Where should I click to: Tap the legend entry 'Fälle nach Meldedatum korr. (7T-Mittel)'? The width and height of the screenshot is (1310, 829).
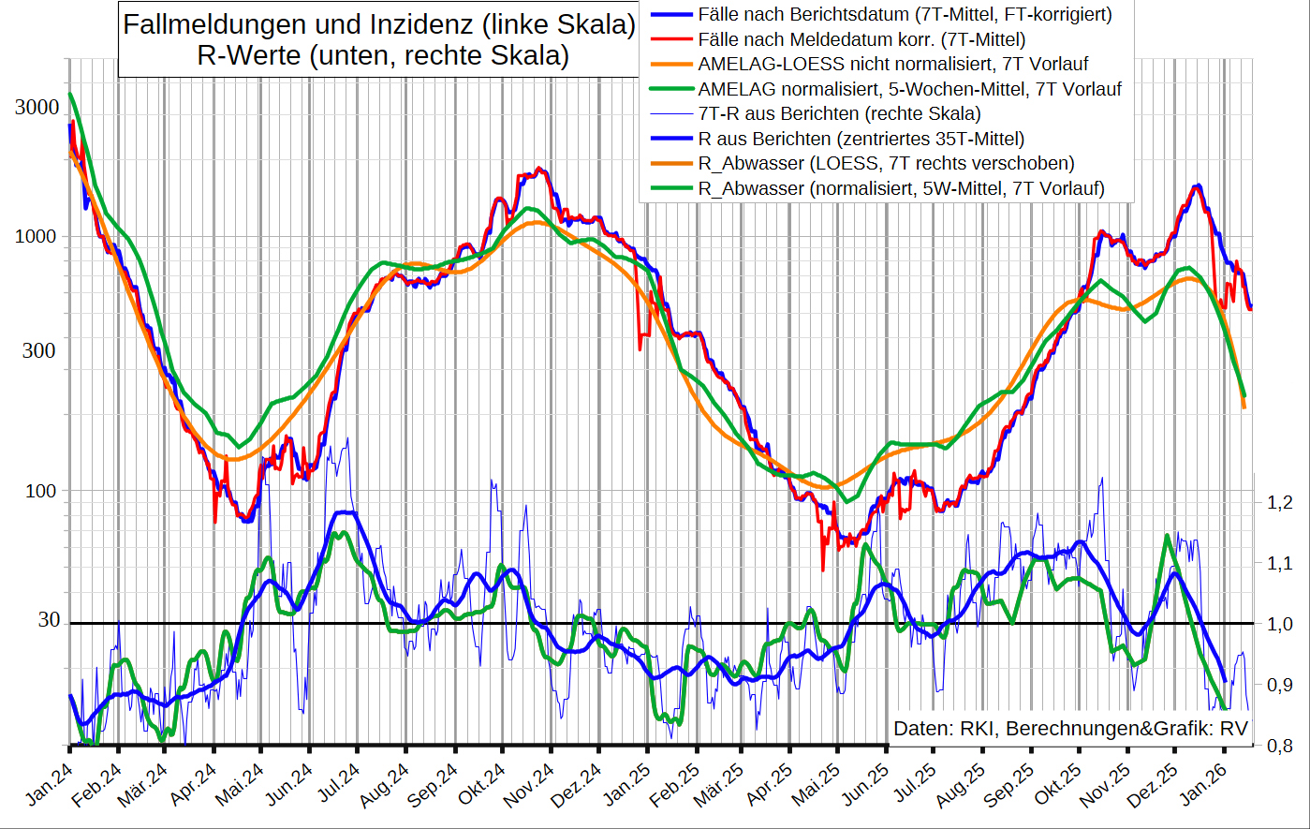click(861, 39)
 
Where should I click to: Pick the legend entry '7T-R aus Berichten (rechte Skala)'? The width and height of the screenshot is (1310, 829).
click(839, 113)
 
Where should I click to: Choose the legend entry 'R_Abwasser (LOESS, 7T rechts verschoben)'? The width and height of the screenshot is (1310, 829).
click(886, 164)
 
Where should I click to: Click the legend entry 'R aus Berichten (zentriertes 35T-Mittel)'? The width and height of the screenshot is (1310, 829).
click(861, 139)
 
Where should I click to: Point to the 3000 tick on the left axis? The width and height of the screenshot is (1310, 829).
click(37, 108)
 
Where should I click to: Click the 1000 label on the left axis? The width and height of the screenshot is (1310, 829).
click(37, 236)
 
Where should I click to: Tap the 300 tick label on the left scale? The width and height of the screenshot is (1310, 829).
click(40, 351)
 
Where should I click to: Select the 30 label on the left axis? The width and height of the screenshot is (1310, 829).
click(49, 620)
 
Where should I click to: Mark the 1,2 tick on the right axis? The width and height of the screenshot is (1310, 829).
click(1279, 503)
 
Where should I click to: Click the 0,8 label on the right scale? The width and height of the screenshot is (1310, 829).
click(1279, 746)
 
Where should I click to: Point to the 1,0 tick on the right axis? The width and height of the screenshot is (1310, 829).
click(1279, 625)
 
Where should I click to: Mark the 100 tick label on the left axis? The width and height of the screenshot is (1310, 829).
click(40, 491)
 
